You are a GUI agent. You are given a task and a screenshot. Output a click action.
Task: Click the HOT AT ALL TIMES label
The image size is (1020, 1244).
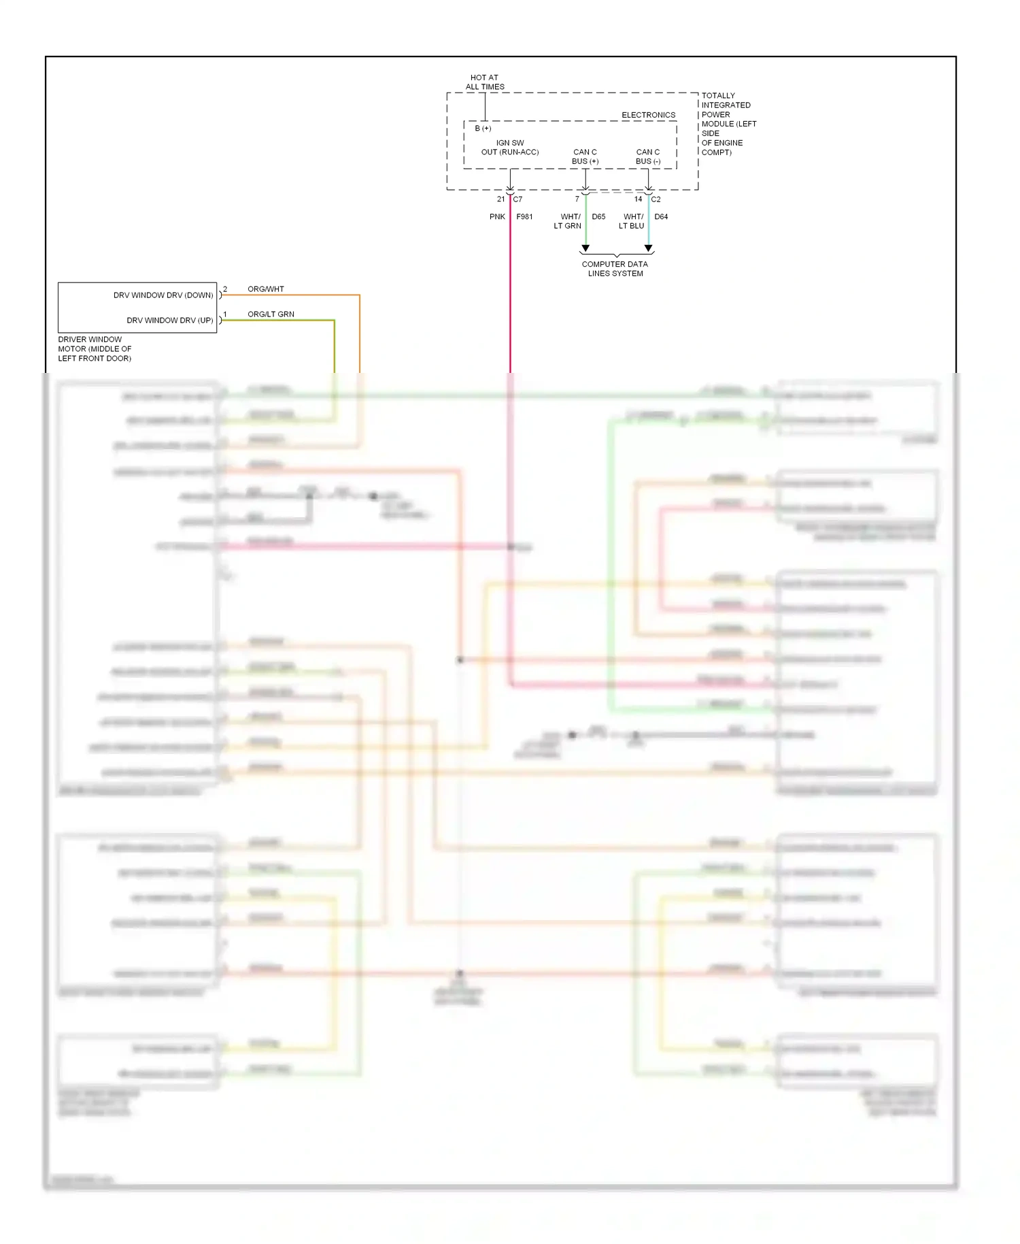click(485, 82)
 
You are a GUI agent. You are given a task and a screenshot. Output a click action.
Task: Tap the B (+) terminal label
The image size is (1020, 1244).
click(483, 129)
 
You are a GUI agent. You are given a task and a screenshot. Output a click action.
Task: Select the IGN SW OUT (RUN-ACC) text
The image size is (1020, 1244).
click(510, 148)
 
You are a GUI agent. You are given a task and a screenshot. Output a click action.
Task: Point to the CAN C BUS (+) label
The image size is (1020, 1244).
click(585, 157)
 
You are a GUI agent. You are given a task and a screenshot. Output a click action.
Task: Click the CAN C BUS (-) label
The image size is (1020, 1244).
click(648, 157)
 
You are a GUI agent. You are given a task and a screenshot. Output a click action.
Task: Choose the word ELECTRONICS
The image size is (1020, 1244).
click(648, 115)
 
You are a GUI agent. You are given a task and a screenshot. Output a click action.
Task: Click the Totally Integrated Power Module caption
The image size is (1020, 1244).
click(728, 124)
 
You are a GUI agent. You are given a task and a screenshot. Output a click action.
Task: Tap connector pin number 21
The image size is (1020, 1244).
click(501, 199)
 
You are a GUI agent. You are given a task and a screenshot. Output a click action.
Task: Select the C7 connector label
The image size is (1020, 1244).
click(518, 199)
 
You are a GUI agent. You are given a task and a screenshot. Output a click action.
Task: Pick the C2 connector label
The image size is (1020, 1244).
click(656, 199)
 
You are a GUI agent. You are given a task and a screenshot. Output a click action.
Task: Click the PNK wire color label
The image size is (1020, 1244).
click(497, 217)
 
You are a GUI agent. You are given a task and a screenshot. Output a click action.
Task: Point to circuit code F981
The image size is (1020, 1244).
click(524, 217)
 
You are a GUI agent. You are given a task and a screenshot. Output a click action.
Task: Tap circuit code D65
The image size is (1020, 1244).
click(598, 217)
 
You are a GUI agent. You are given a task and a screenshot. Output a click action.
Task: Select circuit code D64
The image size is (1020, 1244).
click(661, 217)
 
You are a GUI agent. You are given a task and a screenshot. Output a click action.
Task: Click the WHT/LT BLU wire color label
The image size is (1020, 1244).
click(632, 221)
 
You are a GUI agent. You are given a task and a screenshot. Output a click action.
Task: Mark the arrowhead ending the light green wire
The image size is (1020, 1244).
click(585, 248)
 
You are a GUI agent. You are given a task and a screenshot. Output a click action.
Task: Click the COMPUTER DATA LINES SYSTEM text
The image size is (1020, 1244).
click(615, 269)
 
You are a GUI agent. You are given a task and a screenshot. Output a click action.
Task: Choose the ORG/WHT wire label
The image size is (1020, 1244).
click(266, 289)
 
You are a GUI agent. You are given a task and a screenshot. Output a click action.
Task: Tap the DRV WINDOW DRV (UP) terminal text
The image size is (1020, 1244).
click(170, 321)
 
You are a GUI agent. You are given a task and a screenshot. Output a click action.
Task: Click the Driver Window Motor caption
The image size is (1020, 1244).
click(95, 349)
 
